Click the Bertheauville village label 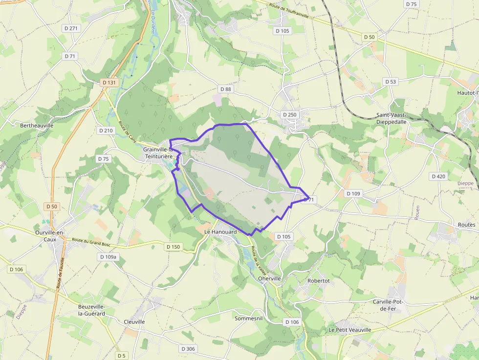tap(37, 126)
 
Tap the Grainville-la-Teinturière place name tap(158, 152)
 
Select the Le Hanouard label tap(220, 232)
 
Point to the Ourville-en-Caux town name tap(50, 236)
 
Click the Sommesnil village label tap(249, 318)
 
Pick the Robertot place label tap(319, 281)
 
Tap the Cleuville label tap(134, 322)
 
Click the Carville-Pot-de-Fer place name tap(391, 305)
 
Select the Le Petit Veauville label tap(350, 330)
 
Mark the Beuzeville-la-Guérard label tap(91, 310)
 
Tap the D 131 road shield tap(109, 83)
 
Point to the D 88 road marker tap(225, 89)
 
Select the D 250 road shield tap(289, 114)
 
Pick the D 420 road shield tap(438, 176)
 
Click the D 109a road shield tap(108, 256)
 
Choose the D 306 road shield tap(188, 349)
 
